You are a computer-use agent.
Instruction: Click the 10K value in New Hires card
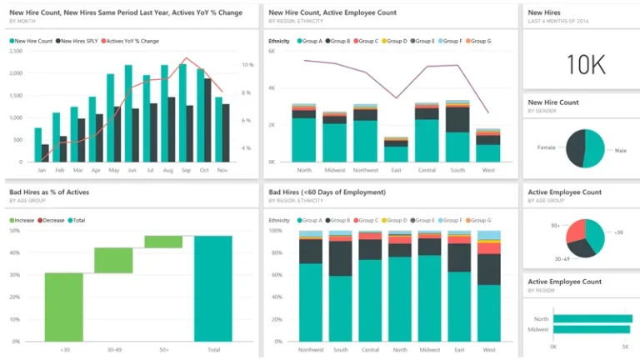[x=581, y=64]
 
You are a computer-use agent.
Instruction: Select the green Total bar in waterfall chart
[x=213, y=288]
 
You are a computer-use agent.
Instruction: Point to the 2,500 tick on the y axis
[x=16, y=51]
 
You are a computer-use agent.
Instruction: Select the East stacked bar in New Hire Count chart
[x=396, y=150]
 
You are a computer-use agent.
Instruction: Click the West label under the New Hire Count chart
[x=487, y=170]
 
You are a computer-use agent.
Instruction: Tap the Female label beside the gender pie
[x=547, y=147]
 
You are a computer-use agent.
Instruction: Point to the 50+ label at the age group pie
[x=555, y=226]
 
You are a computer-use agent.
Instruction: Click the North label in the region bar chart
[x=541, y=318]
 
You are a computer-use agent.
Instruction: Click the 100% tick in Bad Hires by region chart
[x=276, y=230]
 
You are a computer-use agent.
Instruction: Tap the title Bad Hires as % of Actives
[x=49, y=192]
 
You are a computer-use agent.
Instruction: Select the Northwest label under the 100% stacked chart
[x=310, y=350]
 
